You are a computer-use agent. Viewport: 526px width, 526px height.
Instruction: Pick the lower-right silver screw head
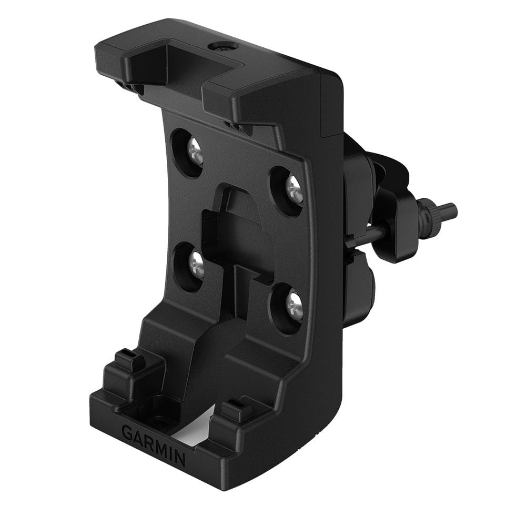[x=294, y=306]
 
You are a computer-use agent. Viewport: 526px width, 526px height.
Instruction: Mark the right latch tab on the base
[x=235, y=410]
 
